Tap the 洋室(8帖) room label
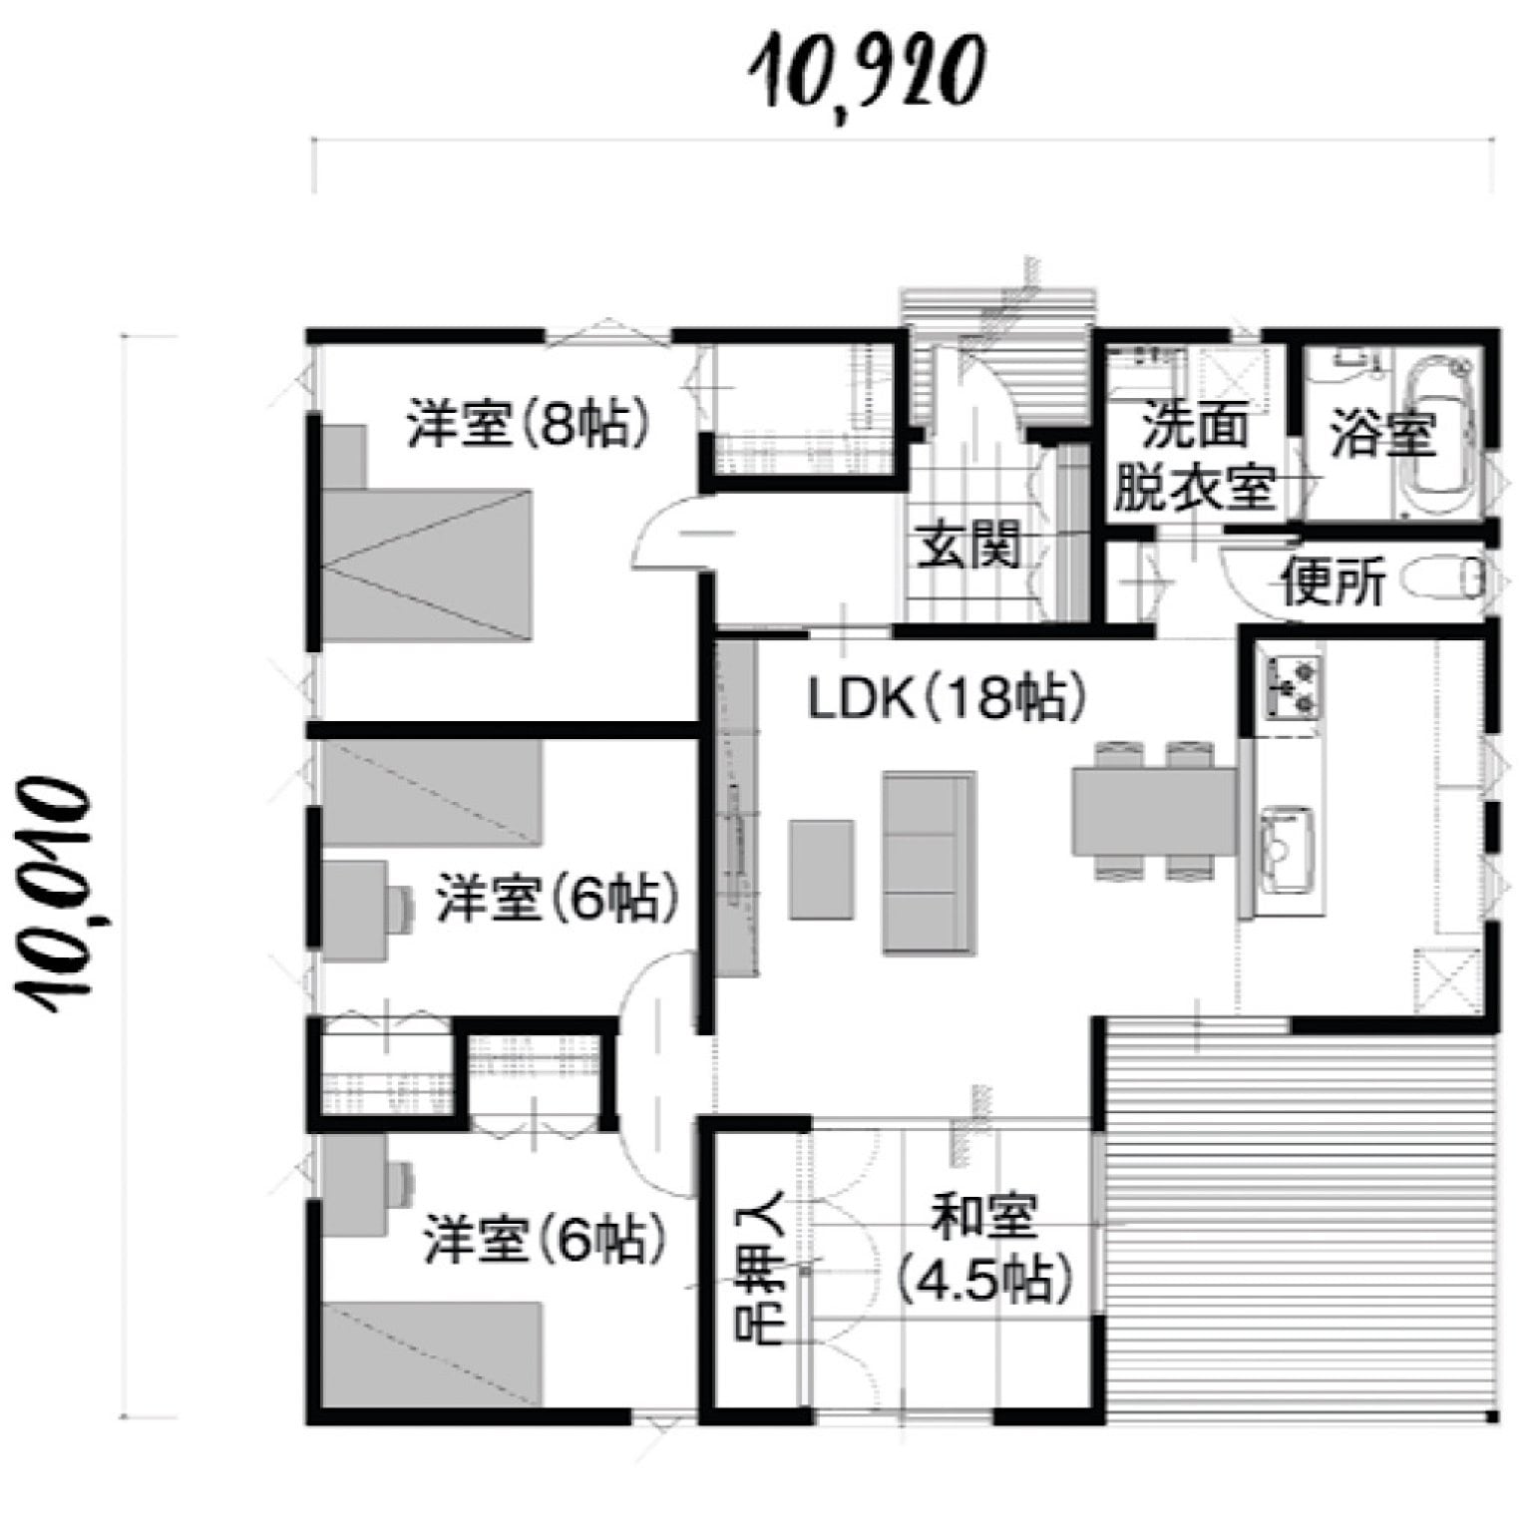pos(529,422)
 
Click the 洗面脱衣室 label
pos(1194,455)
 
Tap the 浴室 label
pos(1382,433)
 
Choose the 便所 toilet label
pos(1334,582)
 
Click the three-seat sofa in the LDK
pos(928,862)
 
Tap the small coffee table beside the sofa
pos(822,869)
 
